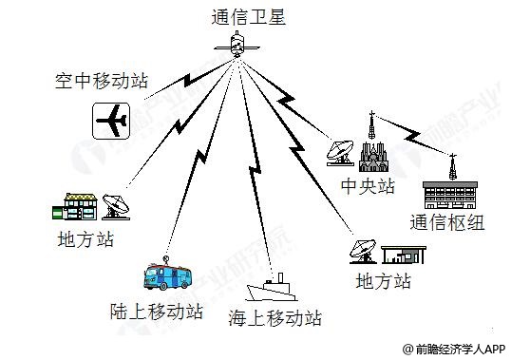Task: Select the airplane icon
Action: click(x=114, y=120)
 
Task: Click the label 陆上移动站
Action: click(x=157, y=311)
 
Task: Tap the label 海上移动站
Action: click(x=276, y=316)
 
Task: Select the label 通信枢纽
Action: click(x=454, y=224)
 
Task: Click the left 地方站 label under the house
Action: click(x=85, y=239)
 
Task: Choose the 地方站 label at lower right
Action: click(x=383, y=281)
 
